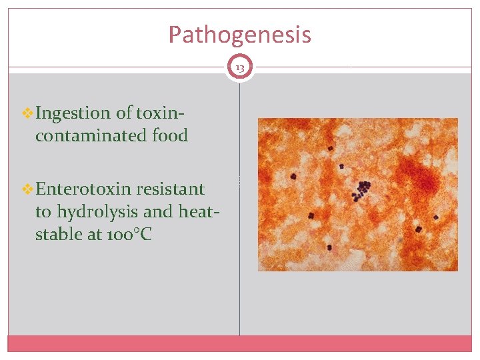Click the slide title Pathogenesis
click(239, 35)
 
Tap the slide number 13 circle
click(239, 67)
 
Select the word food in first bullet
click(169, 136)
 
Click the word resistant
click(170, 189)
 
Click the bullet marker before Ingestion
click(27, 113)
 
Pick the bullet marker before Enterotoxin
click(27, 189)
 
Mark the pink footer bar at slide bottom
click(239, 343)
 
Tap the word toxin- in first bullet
click(160, 113)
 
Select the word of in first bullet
click(123, 113)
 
